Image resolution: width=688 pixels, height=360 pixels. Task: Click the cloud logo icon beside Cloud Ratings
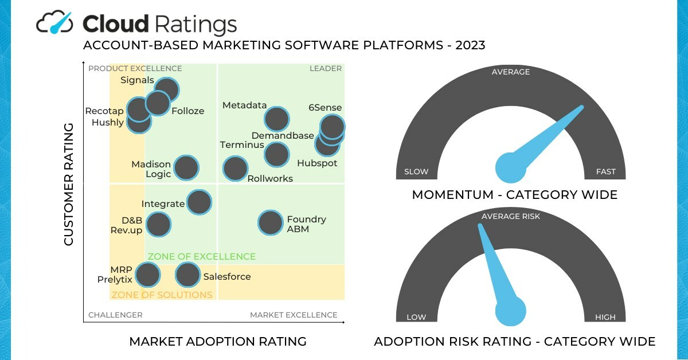tap(55, 23)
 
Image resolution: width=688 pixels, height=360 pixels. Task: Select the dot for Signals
tap(166, 90)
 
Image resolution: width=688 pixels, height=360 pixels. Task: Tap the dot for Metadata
tap(276, 119)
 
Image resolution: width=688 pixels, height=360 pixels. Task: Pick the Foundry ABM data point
tap(270, 223)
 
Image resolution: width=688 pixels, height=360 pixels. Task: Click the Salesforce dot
tap(187, 275)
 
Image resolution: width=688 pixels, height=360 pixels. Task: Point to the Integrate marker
tap(199, 202)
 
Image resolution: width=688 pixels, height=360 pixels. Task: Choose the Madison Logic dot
tap(186, 168)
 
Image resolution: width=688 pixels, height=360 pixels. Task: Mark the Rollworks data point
tap(235, 169)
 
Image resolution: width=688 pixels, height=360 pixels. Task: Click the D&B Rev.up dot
tap(158, 224)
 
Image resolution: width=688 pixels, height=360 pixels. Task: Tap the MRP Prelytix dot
tap(147, 275)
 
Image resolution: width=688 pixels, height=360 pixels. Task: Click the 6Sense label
tap(325, 107)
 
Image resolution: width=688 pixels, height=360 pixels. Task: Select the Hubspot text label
tap(317, 163)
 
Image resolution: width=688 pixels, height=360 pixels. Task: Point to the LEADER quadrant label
tap(326, 69)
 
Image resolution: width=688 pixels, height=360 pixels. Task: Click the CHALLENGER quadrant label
tap(115, 315)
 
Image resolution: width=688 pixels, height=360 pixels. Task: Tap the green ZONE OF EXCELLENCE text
tap(202, 256)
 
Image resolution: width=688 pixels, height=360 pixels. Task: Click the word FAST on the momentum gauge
tap(605, 171)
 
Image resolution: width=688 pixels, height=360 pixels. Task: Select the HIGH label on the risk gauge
tap(605, 317)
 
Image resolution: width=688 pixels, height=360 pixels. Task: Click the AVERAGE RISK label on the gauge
tap(510, 216)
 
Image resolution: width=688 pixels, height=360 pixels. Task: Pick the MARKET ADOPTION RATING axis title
tap(218, 342)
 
